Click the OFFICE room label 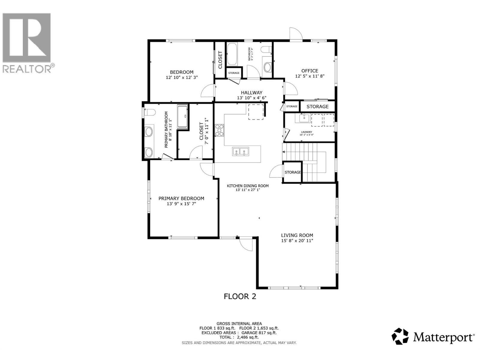pyautogui.click(x=310, y=71)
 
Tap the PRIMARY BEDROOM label pyautogui.click(x=181, y=199)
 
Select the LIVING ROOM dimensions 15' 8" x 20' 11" pyautogui.click(x=297, y=241)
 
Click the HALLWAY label pyautogui.click(x=251, y=93)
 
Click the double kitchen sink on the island pyautogui.click(x=241, y=151)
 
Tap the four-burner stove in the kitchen pyautogui.click(x=220, y=130)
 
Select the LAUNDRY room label pyautogui.click(x=306, y=132)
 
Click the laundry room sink pyautogui.click(x=304, y=118)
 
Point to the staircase pyautogui.click(x=309, y=162)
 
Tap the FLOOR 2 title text pyautogui.click(x=240, y=296)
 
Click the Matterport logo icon pyautogui.click(x=400, y=336)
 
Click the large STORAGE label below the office pyautogui.click(x=317, y=106)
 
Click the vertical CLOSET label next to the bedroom pyautogui.click(x=220, y=60)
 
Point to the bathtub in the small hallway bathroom pyautogui.click(x=232, y=55)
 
